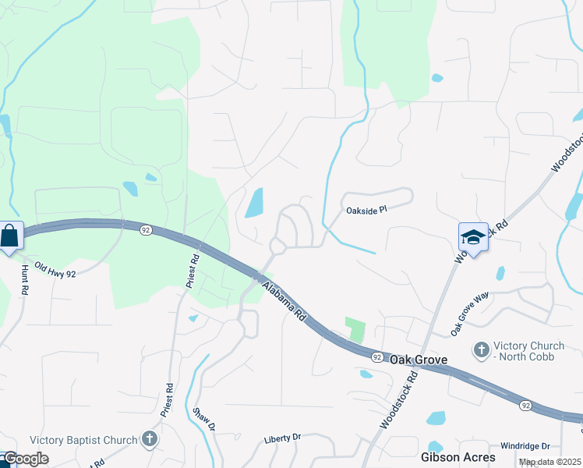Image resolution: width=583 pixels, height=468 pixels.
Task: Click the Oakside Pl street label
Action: click(x=366, y=210)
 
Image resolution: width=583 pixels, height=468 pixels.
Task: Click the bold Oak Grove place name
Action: click(x=418, y=360)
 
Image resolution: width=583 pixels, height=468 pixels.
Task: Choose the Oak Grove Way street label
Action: click(x=469, y=314)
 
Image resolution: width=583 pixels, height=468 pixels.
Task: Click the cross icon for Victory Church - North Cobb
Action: click(x=482, y=349)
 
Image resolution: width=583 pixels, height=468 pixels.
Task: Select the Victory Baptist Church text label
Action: click(x=83, y=439)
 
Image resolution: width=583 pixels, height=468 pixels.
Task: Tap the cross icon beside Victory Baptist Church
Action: click(x=150, y=440)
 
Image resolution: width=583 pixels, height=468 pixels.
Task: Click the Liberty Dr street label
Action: click(x=282, y=438)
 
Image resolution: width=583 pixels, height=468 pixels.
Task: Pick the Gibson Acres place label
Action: click(x=453, y=456)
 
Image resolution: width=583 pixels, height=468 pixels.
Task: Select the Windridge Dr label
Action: click(x=525, y=445)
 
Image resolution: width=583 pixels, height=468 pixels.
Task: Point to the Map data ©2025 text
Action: click(x=549, y=462)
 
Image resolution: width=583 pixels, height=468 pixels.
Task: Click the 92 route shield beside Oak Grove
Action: click(x=376, y=357)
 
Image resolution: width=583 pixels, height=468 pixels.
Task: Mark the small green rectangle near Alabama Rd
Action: click(x=355, y=329)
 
